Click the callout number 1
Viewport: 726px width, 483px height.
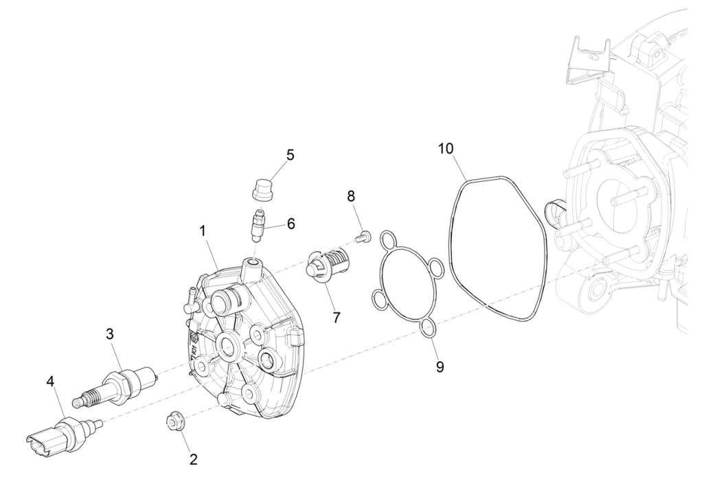pos(203,232)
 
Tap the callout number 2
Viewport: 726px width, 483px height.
pos(193,459)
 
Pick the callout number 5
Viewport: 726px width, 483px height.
pos(291,155)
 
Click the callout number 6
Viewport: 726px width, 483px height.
pos(291,224)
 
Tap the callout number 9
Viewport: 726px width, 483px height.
pos(440,366)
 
